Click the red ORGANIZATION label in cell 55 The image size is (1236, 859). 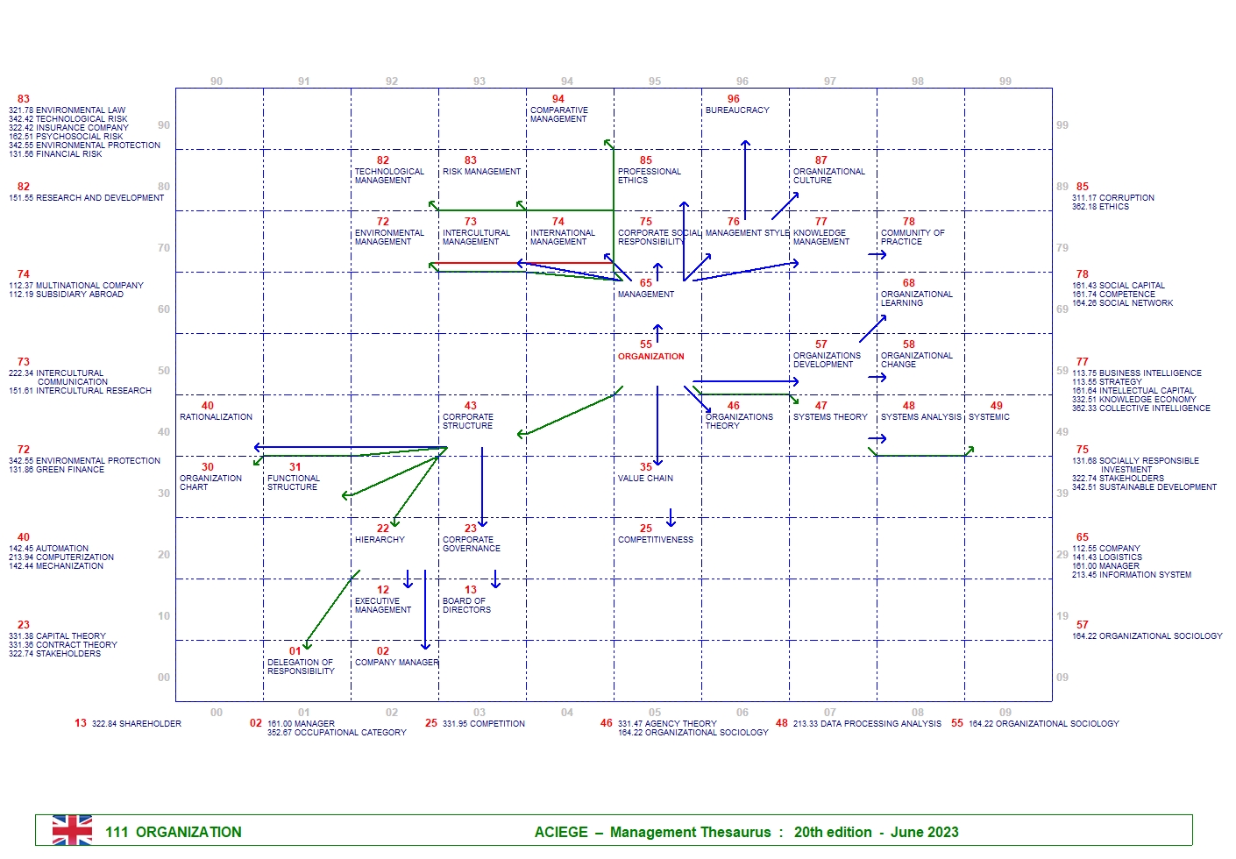click(650, 357)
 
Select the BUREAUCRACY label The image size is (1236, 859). click(737, 110)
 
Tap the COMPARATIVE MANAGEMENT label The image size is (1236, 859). click(558, 115)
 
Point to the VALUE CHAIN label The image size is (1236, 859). click(645, 479)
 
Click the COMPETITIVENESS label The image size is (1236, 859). click(655, 540)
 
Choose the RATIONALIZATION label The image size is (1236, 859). click(216, 417)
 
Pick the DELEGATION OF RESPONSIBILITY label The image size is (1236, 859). click(301, 667)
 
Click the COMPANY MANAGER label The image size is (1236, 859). click(396, 663)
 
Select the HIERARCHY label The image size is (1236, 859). click(380, 540)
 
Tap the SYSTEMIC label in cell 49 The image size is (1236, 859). click(989, 417)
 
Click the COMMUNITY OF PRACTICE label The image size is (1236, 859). click(913, 238)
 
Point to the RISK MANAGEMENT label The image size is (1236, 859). click(481, 172)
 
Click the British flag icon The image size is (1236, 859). click(72, 830)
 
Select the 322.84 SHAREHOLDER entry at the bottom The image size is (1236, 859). click(137, 724)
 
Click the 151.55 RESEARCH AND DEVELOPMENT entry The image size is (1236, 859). click(87, 198)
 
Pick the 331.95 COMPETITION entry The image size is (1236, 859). click(483, 724)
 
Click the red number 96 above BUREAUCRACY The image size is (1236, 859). click(733, 99)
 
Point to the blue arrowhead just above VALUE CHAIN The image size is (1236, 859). click(657, 462)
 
